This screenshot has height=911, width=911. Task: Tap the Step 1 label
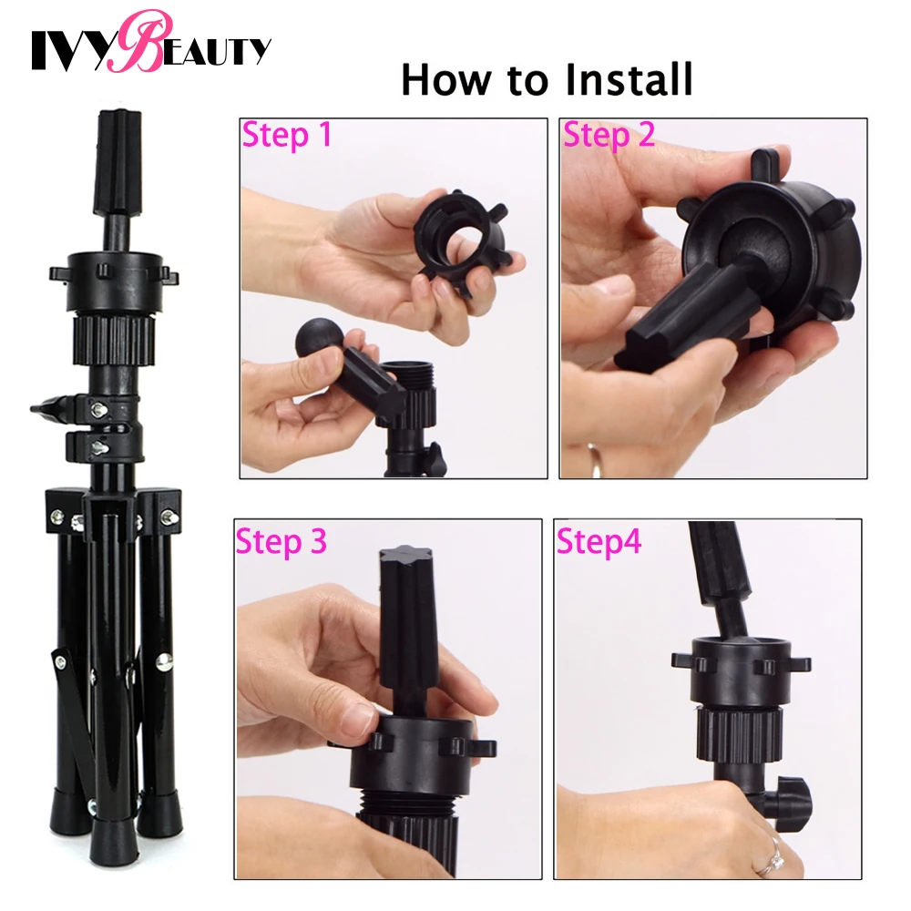pyautogui.click(x=286, y=136)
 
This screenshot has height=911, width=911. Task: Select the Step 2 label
pyautogui.click(x=609, y=136)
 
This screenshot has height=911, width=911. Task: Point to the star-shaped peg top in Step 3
pyautogui.click(x=402, y=556)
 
